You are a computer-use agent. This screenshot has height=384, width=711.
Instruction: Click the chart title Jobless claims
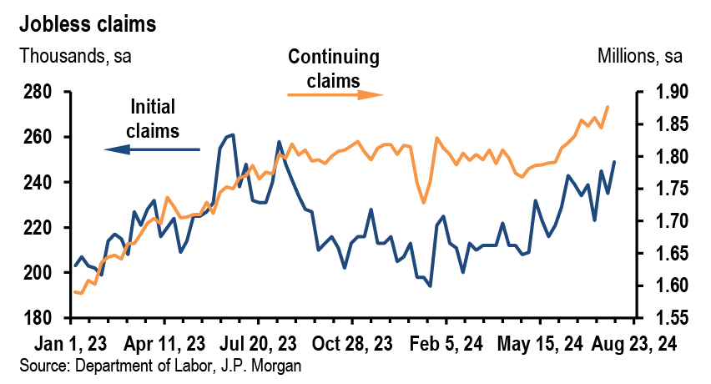click(89, 24)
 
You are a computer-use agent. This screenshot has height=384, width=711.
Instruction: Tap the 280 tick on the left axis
click(39, 92)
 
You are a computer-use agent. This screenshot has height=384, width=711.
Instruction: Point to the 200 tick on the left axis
click(39, 273)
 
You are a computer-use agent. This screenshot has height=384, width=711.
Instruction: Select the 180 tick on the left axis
click(39, 318)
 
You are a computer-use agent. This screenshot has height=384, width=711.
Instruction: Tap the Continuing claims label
click(333, 68)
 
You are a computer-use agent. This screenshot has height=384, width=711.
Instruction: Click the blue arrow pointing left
click(152, 149)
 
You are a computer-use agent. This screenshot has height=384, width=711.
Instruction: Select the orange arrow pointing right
click(335, 94)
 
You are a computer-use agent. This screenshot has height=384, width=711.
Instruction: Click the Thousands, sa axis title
click(75, 57)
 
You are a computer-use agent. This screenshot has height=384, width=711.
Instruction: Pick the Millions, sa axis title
click(640, 57)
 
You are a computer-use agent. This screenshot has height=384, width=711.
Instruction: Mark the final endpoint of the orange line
click(608, 107)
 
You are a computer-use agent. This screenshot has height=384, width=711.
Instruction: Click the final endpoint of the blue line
click(615, 162)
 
